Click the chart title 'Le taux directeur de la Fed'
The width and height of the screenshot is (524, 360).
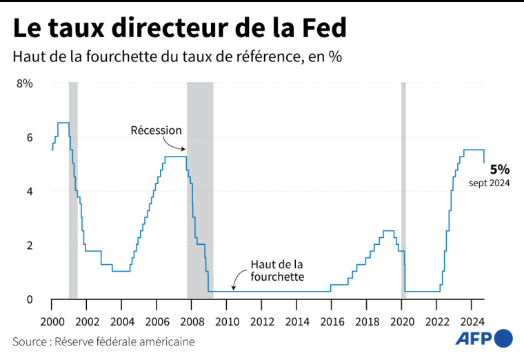[179, 29]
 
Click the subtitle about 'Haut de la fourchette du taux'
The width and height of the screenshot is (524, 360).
[177, 57]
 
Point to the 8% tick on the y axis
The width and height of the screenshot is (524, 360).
[25, 83]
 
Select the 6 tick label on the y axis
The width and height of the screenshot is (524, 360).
[30, 138]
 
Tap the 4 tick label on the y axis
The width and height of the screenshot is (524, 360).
[30, 192]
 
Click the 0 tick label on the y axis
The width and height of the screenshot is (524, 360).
[30, 299]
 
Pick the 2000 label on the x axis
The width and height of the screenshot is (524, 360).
[51, 321]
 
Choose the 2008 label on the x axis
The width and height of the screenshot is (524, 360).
[192, 321]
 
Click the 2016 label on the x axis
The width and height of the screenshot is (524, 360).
[332, 321]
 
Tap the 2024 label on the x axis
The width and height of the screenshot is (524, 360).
[472, 321]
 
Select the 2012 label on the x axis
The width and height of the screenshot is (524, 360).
[262, 321]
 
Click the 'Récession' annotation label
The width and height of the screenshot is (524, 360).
[157, 130]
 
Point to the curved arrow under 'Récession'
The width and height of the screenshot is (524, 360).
[174, 144]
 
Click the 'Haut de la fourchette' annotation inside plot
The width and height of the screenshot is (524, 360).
[276, 270]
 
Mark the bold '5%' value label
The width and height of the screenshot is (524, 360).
[500, 168]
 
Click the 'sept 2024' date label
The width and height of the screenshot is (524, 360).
[490, 183]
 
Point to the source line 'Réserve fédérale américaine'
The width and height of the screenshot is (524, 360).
[103, 341]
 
